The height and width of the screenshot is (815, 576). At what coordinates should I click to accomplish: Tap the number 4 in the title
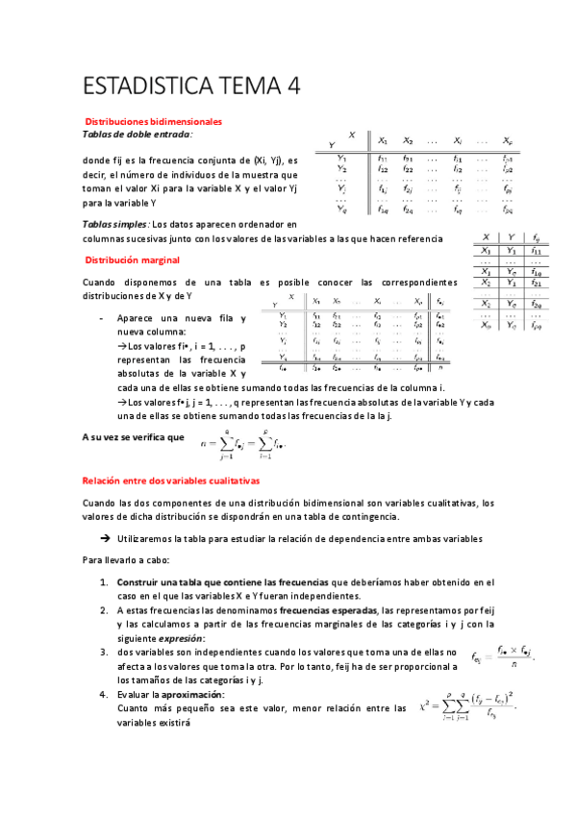291,88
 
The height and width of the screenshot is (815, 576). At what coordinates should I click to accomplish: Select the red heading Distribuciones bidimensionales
154,122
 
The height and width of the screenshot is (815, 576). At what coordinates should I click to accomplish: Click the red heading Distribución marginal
132,260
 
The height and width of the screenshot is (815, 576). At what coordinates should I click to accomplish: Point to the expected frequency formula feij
504,655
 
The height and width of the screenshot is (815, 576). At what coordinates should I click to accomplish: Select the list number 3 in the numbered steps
103,652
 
